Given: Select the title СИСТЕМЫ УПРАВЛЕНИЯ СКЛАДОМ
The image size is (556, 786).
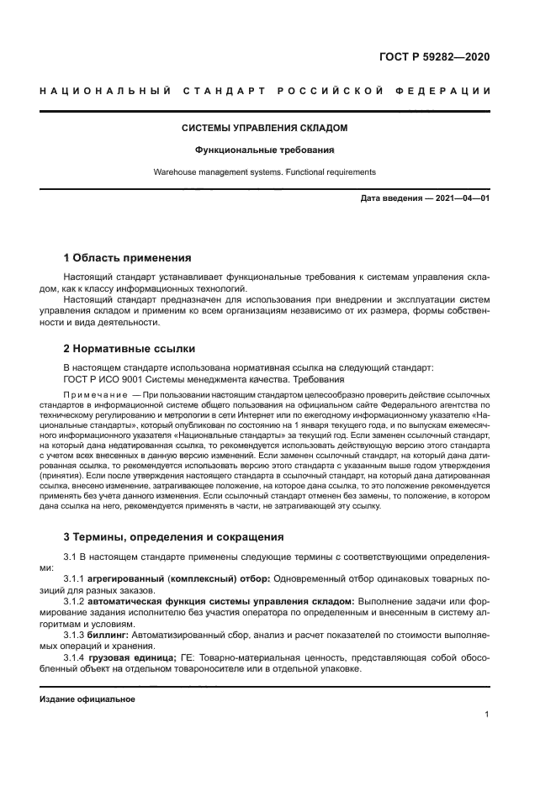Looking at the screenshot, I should point(266,129).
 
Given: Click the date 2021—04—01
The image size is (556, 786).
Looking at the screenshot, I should point(461,199).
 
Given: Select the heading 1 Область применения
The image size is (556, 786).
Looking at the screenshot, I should point(128,257).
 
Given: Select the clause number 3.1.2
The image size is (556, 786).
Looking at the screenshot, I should point(77,601).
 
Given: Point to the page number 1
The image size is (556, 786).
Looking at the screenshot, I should point(487,715).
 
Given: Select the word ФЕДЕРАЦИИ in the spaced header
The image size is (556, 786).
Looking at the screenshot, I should point(445,90).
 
